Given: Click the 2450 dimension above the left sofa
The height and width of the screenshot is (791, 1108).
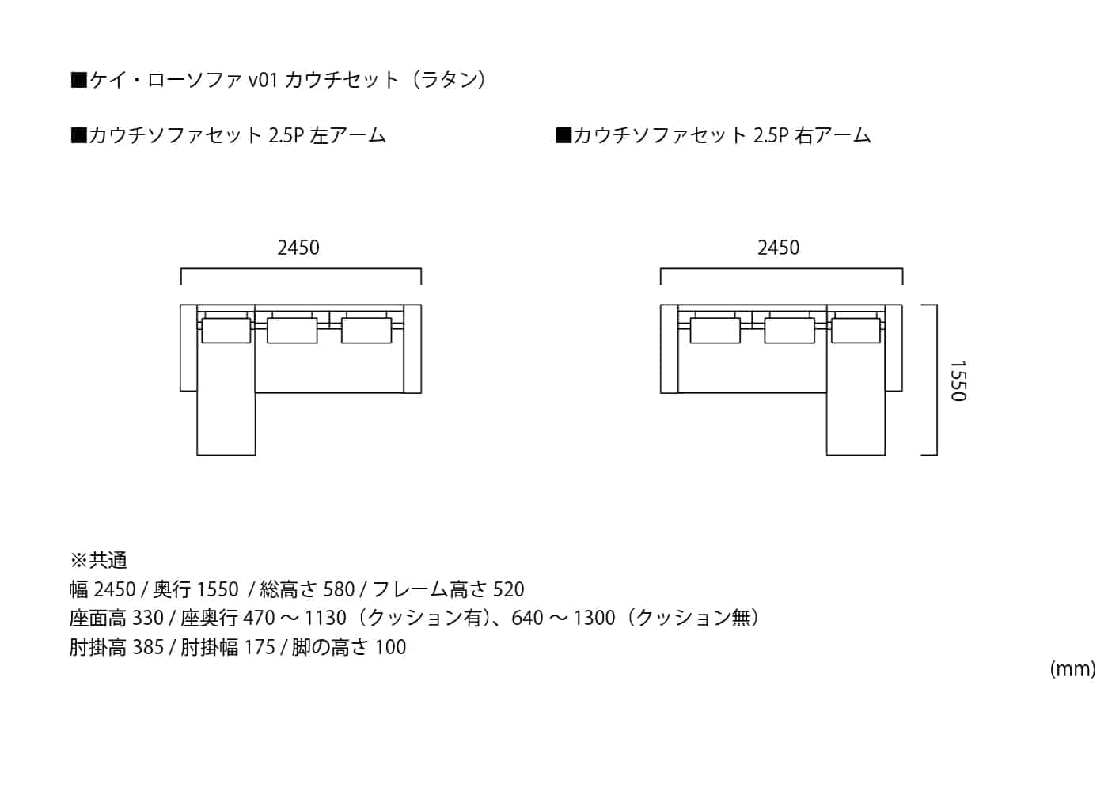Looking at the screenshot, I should point(298,248).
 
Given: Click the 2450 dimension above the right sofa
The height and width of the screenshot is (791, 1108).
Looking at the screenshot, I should point(778,248).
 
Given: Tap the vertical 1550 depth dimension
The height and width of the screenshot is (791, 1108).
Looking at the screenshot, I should point(958,381).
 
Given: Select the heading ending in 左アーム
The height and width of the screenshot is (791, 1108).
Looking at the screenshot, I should point(229,136).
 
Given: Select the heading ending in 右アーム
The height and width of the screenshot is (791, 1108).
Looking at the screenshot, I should point(714,136).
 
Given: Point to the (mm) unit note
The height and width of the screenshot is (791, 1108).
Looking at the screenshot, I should point(1072,669).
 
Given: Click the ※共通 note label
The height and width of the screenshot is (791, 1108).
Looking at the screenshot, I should point(99,561).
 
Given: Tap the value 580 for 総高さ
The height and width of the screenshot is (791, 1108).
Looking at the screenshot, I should point(340,589).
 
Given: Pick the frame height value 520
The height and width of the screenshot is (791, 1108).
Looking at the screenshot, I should point(509,589).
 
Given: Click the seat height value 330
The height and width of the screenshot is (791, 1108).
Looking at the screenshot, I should point(149,618).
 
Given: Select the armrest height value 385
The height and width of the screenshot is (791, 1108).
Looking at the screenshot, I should point(148,647).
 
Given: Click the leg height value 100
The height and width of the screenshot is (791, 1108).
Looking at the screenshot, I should point(390,647).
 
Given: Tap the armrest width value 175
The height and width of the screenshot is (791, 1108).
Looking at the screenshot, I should point(260,647).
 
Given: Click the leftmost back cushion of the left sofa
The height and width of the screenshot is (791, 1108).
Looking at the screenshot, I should point(226,330).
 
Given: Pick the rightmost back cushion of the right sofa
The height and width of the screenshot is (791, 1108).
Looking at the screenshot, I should point(856,330).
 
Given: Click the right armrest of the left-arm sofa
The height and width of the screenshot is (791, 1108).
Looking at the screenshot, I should point(412,348).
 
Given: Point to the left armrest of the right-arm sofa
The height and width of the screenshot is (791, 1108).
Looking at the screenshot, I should point(670,348).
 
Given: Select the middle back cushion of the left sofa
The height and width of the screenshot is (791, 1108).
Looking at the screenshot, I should point(292,330).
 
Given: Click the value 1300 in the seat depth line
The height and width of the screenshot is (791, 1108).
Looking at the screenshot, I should point(594,618).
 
